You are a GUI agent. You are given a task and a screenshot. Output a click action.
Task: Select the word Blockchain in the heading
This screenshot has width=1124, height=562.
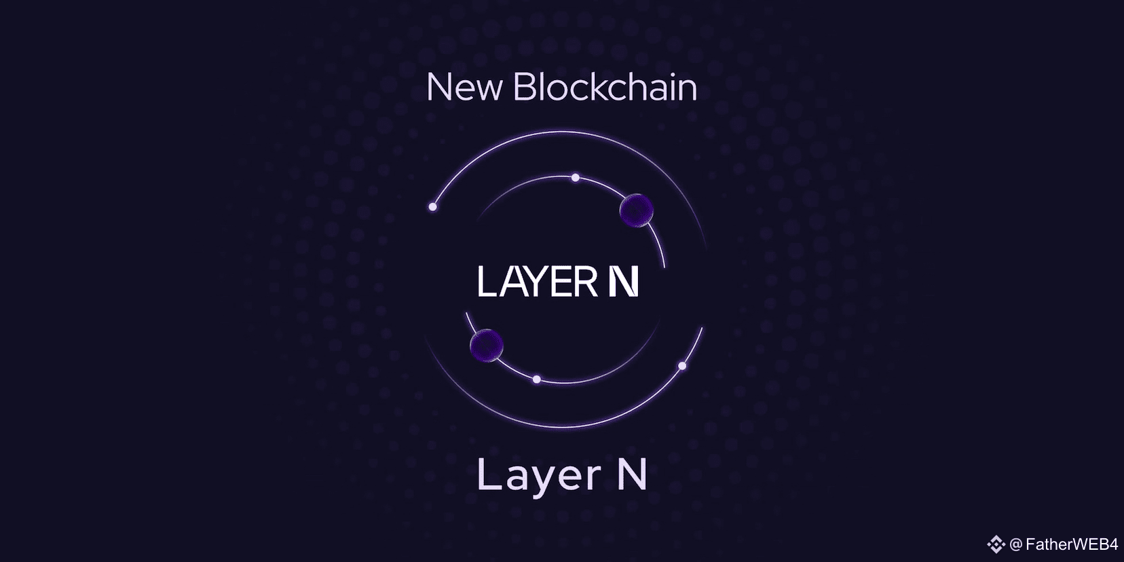click(605, 88)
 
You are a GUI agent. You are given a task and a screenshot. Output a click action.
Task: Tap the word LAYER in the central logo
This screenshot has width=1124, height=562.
click(537, 281)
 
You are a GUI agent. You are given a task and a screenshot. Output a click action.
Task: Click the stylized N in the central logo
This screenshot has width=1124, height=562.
click(623, 281)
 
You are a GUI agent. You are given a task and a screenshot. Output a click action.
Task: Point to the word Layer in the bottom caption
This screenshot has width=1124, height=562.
click(539, 476)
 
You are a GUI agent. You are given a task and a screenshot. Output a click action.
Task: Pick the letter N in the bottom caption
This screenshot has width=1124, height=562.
click(632, 474)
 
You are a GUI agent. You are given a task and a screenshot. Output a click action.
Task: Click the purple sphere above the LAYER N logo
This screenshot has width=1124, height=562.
click(637, 210)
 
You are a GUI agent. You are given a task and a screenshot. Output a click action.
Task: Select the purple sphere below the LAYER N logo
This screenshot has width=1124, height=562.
click(487, 345)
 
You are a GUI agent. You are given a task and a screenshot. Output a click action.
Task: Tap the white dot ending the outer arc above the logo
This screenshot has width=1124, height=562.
click(432, 206)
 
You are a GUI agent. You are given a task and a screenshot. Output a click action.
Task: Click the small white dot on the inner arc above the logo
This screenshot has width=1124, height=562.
click(576, 178)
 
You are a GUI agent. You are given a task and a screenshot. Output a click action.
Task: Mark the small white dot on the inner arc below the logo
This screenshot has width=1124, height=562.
click(537, 379)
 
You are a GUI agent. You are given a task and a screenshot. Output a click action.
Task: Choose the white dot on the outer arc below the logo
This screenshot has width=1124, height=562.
click(682, 366)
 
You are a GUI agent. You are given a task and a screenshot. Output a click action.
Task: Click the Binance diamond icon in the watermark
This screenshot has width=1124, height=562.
click(996, 544)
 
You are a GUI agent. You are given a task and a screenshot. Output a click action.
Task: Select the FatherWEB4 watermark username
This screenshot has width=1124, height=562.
click(1072, 544)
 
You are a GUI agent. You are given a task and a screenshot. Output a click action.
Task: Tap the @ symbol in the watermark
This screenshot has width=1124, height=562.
click(1016, 544)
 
